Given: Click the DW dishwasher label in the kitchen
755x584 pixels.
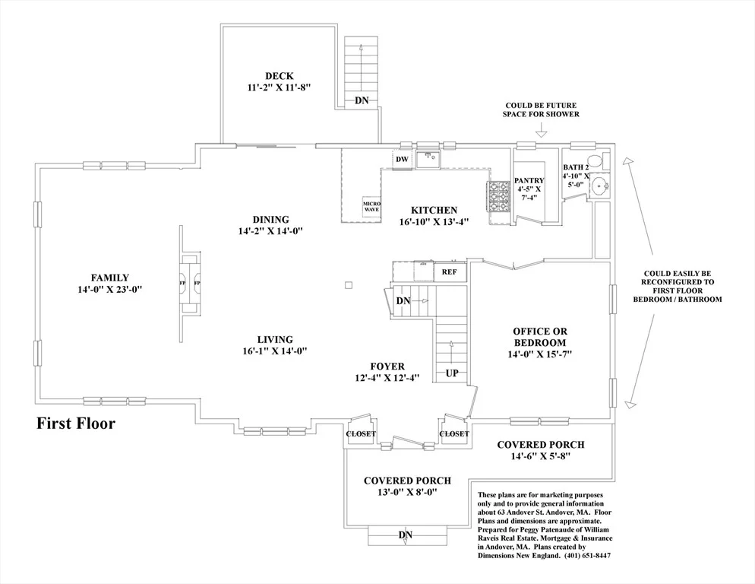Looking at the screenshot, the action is [402, 159].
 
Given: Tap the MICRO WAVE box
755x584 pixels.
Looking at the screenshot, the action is [371, 206].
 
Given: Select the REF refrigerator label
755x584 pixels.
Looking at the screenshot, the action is [449, 272].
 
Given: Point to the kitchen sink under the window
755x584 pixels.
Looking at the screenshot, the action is [428, 159].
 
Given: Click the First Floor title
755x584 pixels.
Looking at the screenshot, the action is [76, 424].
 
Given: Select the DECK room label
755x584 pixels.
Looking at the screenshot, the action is [280, 76].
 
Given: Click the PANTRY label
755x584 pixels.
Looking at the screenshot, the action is [529, 180].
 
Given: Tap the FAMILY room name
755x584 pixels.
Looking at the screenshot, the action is [110, 278].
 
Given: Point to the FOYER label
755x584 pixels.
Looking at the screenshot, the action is [387, 367].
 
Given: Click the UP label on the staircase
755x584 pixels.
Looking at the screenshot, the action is [452, 373].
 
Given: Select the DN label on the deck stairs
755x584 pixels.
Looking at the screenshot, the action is [362, 100].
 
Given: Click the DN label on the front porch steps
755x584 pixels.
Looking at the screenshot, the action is [406, 535].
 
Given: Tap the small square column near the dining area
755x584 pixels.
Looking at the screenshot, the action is [349, 285].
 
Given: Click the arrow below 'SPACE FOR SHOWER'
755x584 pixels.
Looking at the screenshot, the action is [542, 129].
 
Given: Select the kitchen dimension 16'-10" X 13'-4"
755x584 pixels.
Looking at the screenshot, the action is [434, 222].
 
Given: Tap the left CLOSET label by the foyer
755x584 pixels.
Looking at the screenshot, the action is [361, 434].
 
